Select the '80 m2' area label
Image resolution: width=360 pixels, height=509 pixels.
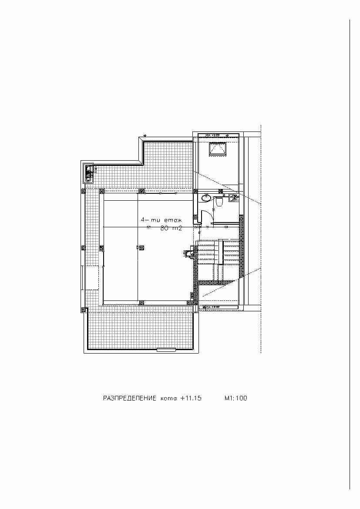coord(171,228)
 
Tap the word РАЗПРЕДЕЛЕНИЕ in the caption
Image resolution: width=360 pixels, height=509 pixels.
coord(129,398)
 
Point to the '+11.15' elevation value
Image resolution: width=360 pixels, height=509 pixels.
coord(190,398)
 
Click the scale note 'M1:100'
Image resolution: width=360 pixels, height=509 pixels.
coord(236,398)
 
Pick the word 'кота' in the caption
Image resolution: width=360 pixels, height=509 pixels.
coord(168,398)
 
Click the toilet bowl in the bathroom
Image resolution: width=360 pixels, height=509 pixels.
coord(219,201)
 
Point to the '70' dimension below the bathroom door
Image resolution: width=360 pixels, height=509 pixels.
coord(207,227)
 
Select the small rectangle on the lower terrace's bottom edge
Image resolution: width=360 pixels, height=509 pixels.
coord(166,349)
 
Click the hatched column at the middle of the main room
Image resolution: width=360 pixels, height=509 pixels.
coord(141,247)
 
